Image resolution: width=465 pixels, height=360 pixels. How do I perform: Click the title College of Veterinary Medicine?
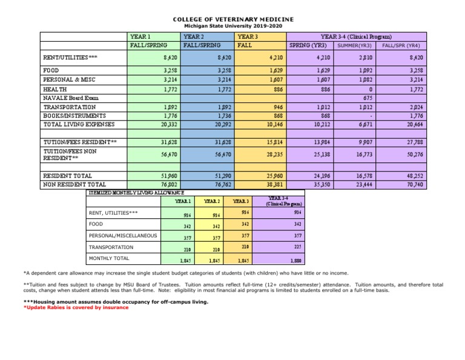[x=232, y=19]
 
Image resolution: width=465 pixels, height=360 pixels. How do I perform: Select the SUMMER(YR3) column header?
[x=355, y=45]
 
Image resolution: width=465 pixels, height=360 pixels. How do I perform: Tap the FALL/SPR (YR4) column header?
[x=401, y=45]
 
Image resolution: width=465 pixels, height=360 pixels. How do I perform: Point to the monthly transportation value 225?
[x=296, y=247]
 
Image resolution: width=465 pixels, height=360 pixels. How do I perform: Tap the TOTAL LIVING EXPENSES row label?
[x=75, y=124]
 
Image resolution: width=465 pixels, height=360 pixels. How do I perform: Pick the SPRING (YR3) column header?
[x=309, y=45]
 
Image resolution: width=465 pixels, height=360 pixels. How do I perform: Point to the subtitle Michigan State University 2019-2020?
[x=232, y=26]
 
